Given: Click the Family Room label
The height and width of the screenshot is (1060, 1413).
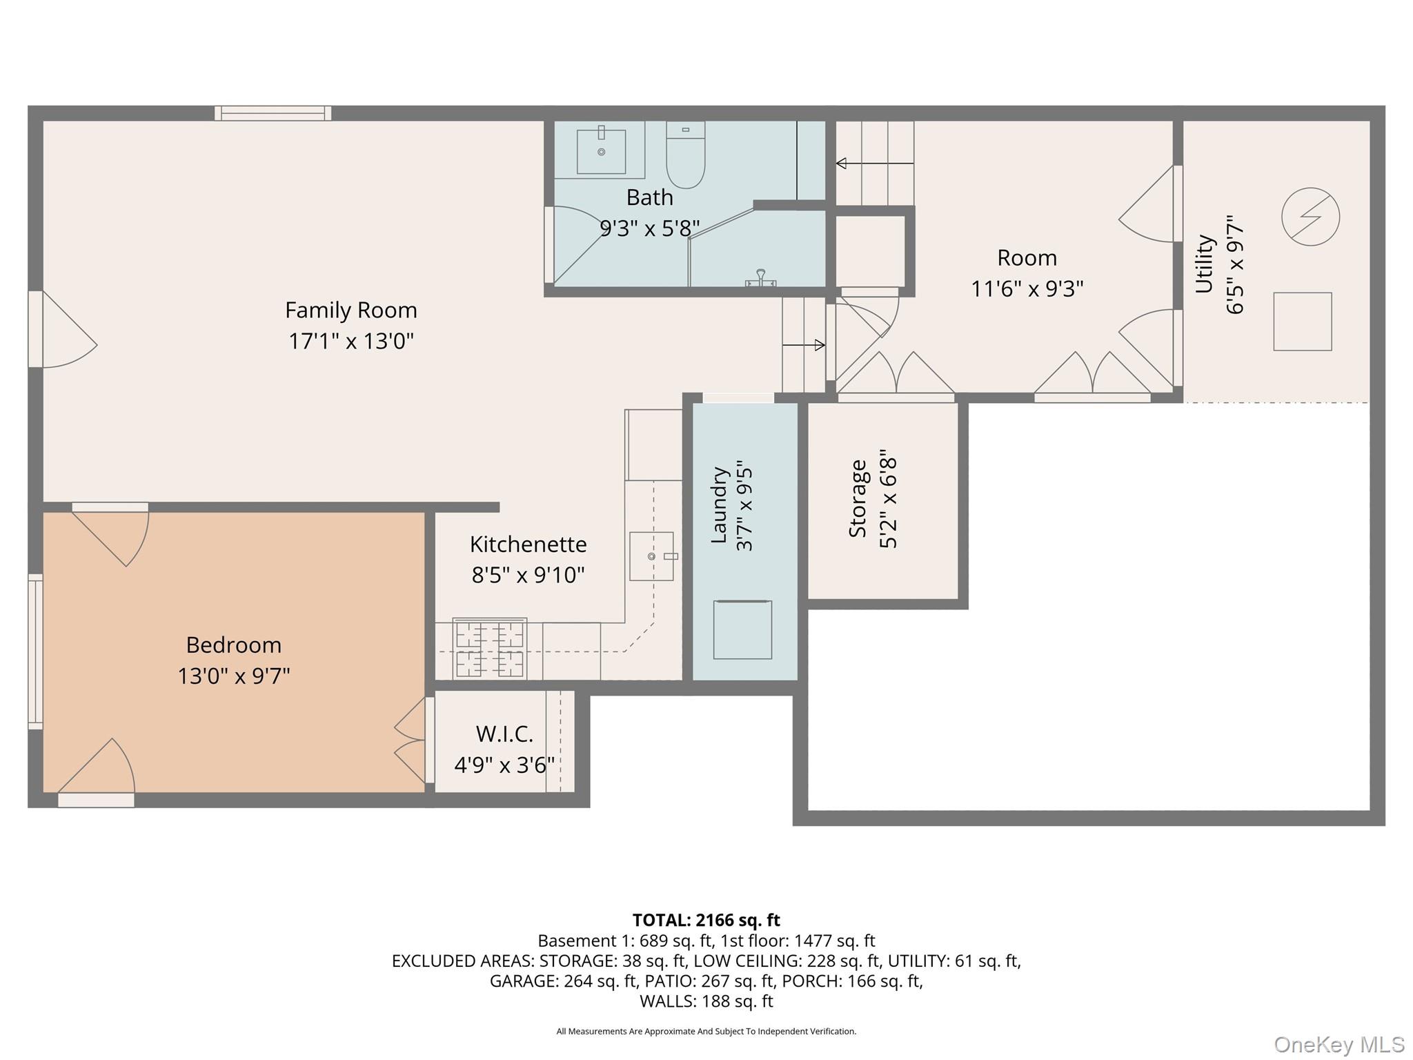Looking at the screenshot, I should [x=350, y=310].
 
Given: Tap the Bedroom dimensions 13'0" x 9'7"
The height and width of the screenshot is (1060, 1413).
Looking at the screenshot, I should [x=233, y=676].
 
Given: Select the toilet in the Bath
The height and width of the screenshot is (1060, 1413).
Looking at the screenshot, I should [x=685, y=156].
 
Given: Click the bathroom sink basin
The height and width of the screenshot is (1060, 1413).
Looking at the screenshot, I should [x=601, y=151].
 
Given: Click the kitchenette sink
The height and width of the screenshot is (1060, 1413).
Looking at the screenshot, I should [x=651, y=556].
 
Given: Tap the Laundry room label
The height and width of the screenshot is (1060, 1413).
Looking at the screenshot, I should [x=720, y=504].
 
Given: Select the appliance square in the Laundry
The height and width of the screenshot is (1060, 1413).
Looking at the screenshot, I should [x=742, y=629].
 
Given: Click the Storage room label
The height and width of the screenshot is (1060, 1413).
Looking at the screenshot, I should [x=858, y=498].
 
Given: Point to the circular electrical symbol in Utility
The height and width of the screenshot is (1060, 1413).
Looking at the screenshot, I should [x=1310, y=217].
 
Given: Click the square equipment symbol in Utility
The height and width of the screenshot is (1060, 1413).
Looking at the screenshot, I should [x=1302, y=322].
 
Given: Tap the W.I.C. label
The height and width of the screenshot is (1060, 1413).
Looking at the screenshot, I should [x=504, y=734].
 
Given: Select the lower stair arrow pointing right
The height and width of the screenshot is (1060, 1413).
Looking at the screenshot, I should [x=804, y=345].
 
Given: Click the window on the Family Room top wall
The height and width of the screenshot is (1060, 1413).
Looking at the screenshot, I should [x=273, y=113].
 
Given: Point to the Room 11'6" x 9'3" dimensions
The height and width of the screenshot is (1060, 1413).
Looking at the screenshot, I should [x=1027, y=288].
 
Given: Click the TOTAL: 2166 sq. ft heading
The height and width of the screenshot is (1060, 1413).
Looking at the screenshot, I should [x=706, y=920].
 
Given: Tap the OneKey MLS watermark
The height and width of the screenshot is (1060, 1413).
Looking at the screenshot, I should [x=1338, y=1045].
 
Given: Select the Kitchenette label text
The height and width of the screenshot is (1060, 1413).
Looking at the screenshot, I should [x=528, y=544].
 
